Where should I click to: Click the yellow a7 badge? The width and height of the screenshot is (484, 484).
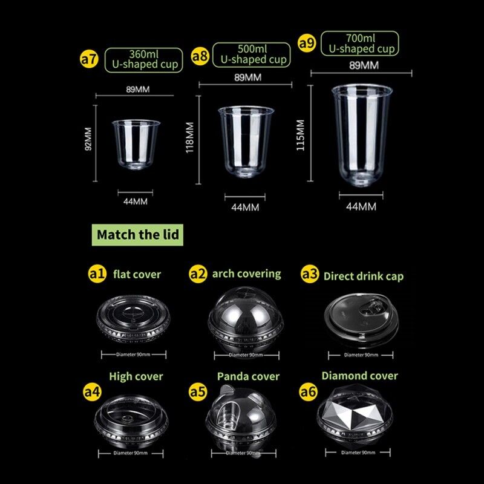(89, 59)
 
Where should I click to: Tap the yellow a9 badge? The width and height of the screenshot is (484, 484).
(307, 43)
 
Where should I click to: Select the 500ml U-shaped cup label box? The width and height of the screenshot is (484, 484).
(252, 54)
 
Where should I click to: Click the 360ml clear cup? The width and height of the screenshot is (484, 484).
(136, 145)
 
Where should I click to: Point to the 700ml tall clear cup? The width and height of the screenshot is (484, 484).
(362, 135)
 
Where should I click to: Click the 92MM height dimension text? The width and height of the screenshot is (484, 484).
(88, 139)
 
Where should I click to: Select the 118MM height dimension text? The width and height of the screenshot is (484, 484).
(189, 137)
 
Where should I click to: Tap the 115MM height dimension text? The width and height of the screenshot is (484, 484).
(300, 135)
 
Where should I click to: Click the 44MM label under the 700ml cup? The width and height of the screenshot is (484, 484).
(361, 206)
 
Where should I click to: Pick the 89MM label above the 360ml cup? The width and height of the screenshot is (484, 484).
(138, 90)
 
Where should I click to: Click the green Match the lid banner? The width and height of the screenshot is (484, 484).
(137, 235)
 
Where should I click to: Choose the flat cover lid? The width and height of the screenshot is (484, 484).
(133, 318)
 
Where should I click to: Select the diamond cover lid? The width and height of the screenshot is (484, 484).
(355, 412)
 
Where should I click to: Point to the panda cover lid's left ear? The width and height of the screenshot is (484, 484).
(226, 391)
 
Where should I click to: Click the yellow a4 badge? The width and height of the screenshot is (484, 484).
(93, 392)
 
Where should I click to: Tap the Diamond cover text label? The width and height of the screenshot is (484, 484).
(359, 376)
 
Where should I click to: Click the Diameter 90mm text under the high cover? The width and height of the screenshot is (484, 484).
(131, 453)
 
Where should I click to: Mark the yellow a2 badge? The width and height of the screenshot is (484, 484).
(198, 274)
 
